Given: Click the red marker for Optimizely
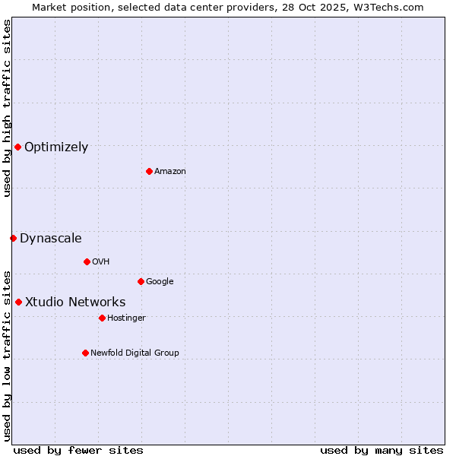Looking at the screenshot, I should tap(17, 147).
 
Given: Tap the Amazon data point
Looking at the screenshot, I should tap(149, 171).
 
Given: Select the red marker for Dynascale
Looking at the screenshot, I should tap(13, 238).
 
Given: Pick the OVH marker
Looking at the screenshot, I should tap(87, 261).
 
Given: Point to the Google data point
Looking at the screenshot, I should tap(141, 281).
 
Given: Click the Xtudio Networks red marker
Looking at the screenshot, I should tap(18, 302).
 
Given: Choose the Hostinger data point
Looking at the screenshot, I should tap(102, 318).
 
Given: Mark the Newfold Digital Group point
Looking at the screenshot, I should tap(85, 353).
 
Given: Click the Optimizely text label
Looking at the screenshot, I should tap(56, 147).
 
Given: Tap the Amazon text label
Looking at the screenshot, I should tap(170, 171).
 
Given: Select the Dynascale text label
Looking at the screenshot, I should tap(51, 239).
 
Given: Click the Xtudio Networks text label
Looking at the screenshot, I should tap(75, 302).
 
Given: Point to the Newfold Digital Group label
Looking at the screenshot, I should tap(135, 353).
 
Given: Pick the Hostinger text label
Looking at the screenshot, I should tap(126, 318).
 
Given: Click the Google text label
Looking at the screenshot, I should tap(160, 281).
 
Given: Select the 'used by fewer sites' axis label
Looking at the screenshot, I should tap(78, 450).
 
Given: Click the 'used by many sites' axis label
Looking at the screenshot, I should tap(382, 450).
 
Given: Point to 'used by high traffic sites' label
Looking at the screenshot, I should tap(7, 109).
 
